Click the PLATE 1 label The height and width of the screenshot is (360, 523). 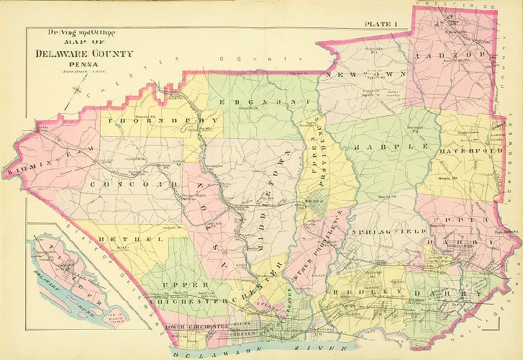click(381, 25)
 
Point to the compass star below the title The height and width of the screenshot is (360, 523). click(67, 103)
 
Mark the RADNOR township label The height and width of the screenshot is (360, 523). click(461, 55)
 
